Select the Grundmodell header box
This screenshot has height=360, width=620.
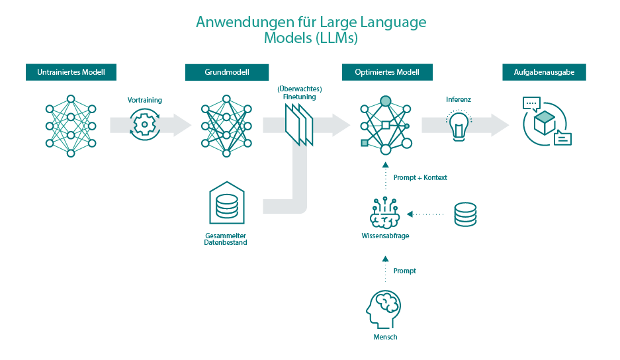click(227, 72)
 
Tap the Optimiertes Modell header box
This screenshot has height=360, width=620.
click(386, 72)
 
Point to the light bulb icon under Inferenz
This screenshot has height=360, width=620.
click(458, 125)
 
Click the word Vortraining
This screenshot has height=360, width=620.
click(145, 100)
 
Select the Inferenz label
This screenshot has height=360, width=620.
click(459, 100)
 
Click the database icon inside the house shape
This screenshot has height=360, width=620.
click(227, 206)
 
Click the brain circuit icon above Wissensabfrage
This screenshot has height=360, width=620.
click(385, 212)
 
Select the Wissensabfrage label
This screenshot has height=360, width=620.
click(385, 236)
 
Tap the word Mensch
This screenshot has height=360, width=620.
click(384, 337)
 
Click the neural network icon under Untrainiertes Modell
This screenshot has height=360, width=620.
click(71, 125)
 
